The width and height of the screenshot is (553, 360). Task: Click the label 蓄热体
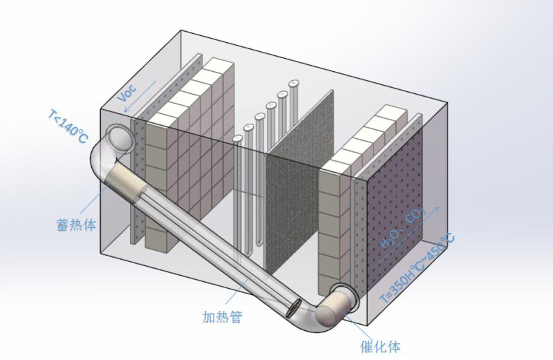pyautogui.click(x=77, y=225)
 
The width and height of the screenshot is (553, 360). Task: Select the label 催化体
pyautogui.click(x=379, y=345)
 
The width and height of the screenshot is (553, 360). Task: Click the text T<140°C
pyautogui.click(x=68, y=126)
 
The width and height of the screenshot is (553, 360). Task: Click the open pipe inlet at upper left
pyautogui.click(x=120, y=138)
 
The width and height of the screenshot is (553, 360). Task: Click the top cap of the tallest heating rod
pyautogui.click(x=293, y=84)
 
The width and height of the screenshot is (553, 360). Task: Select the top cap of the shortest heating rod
pyautogui.click(x=238, y=138)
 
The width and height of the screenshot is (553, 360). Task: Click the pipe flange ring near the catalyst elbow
pyautogui.click(x=342, y=294)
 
